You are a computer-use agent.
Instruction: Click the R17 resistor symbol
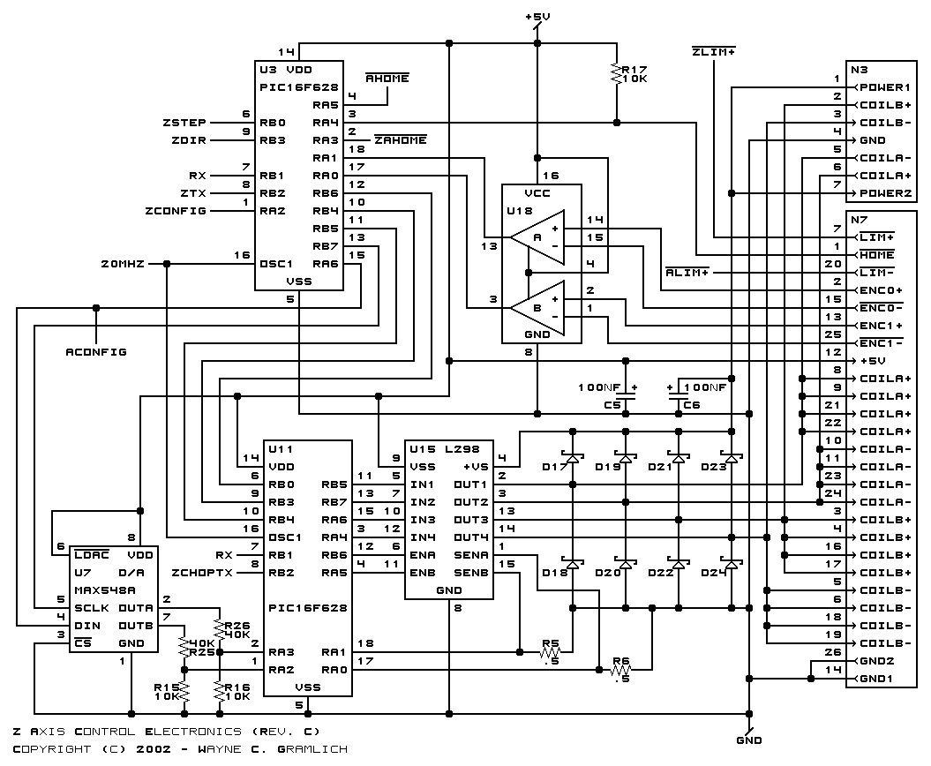pos(616,73)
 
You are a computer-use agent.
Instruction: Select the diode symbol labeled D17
pos(573,458)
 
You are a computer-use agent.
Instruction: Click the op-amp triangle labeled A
pos(537,237)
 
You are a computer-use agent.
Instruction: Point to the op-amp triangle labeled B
pos(537,308)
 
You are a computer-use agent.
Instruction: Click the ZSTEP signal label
pos(184,123)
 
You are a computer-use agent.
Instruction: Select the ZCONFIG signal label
pos(176,211)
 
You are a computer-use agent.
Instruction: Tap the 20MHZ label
pos(123,264)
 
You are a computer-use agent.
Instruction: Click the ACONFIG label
pos(96,352)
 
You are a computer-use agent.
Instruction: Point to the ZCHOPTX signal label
pos(202,573)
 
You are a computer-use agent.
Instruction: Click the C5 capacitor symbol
pos(625,396)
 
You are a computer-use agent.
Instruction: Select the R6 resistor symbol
pos(621,670)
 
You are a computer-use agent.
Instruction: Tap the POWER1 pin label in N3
pos(885,87)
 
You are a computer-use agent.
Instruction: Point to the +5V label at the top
pos(537,17)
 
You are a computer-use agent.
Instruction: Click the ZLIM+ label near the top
pos(714,52)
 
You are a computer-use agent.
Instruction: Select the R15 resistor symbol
pos(184,691)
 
